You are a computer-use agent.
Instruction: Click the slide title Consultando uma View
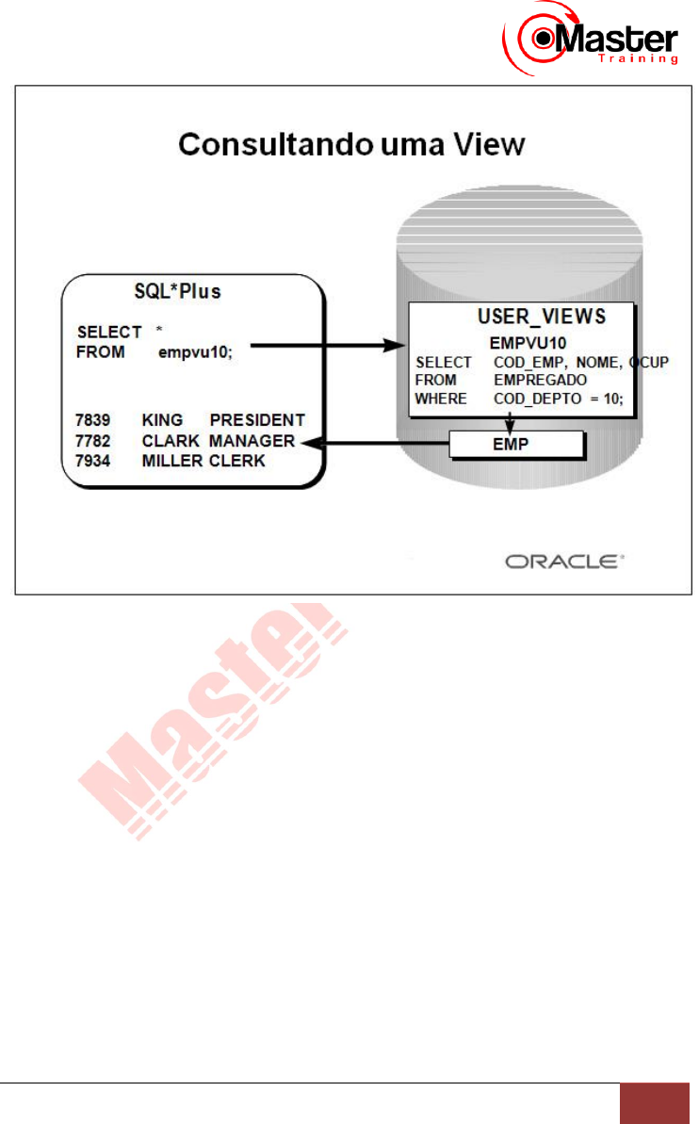point(351,145)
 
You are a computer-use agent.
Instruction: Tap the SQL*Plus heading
point(178,291)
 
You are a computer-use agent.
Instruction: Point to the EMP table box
point(516,442)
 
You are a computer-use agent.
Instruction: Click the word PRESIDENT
point(257,419)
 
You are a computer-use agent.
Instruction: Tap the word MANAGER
point(252,441)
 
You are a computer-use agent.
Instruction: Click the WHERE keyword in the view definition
point(441,398)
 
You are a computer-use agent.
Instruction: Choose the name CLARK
point(171,441)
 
